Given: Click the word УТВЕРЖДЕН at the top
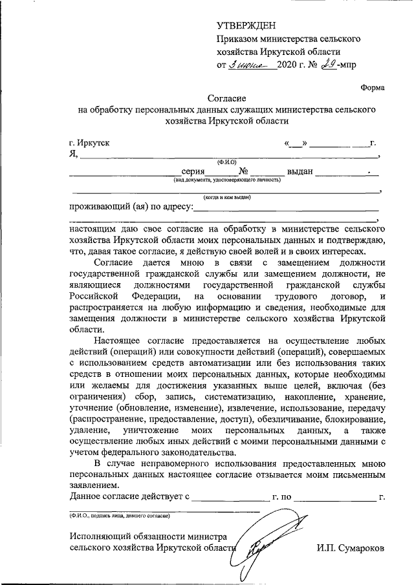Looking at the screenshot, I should tap(246, 26).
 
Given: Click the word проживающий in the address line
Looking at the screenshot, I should tap(99, 207).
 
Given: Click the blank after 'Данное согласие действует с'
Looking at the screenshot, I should tap(230, 498).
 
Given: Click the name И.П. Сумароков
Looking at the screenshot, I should tap(351, 548).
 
